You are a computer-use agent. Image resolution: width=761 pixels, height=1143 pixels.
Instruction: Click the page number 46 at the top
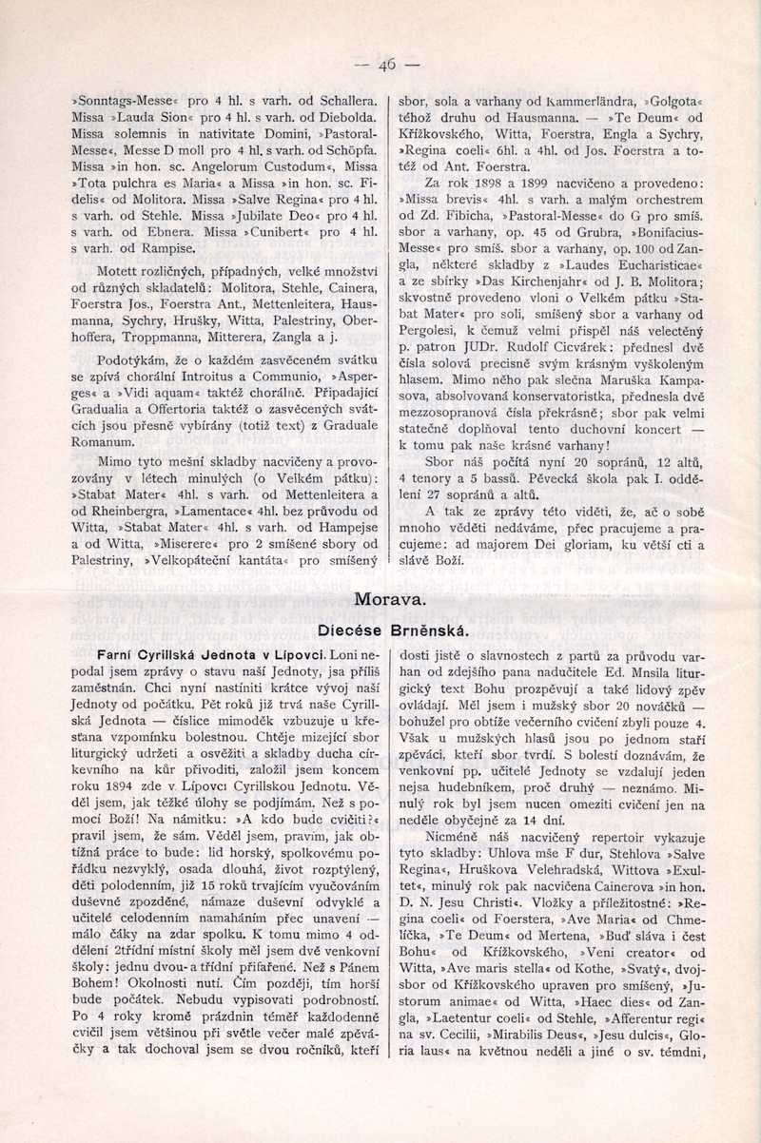(387, 66)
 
